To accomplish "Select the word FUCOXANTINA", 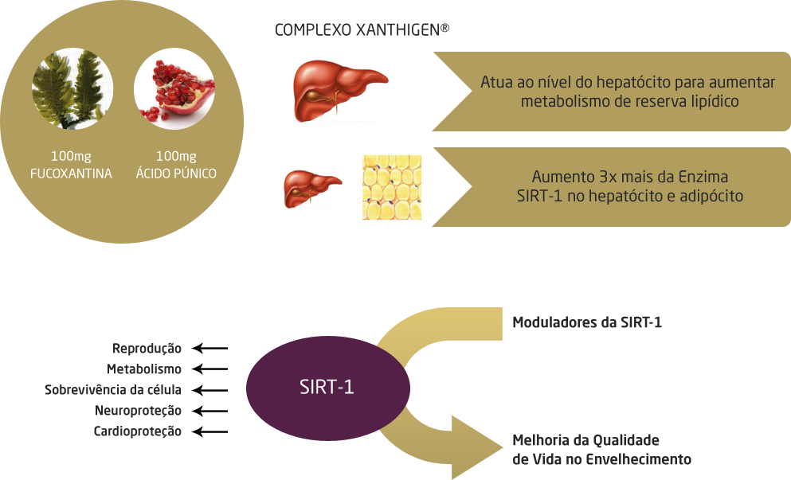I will coord(72,173).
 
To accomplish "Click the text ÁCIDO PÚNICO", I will coord(176,173).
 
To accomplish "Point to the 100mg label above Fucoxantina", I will coord(72,156).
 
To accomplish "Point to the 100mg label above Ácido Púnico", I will coord(176,156).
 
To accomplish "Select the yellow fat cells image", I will coord(391,188).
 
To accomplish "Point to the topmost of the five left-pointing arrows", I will coord(210,348).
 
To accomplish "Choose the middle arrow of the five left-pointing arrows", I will coord(210,390).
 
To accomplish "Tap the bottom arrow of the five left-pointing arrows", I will coord(210,432).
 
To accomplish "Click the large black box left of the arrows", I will coord(113,390).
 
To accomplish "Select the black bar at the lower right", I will coord(601,449).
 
